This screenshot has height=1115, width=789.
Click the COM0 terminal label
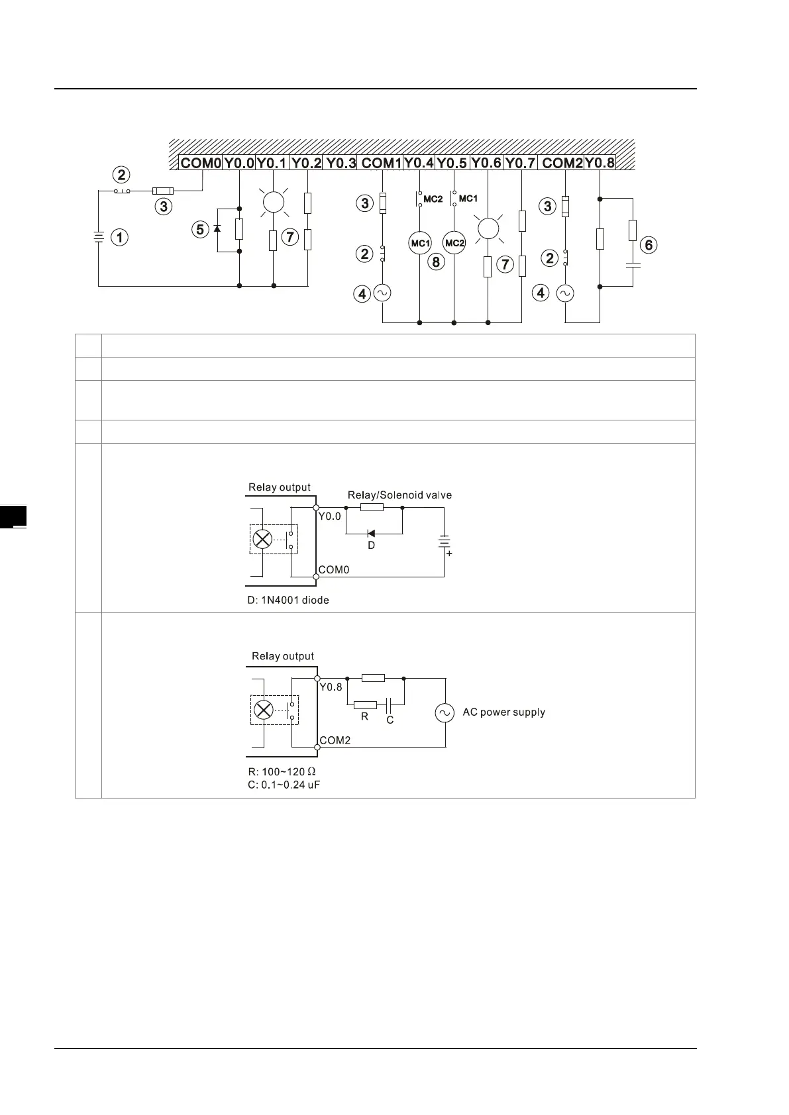(201, 163)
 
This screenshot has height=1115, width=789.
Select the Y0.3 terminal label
(341, 163)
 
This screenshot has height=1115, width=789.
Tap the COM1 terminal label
(382, 163)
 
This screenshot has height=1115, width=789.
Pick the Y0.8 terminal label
(600, 163)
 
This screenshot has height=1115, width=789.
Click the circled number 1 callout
(119, 237)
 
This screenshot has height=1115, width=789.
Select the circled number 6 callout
(649, 245)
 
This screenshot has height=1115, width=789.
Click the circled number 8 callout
(436, 262)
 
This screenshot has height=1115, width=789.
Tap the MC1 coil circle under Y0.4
(420, 243)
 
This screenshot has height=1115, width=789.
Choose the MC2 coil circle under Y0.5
(454, 243)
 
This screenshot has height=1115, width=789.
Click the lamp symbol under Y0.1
(274, 202)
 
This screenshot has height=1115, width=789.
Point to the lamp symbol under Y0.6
(488, 228)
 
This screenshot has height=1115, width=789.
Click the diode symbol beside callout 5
(217, 229)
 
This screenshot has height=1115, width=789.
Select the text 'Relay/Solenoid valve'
(399, 495)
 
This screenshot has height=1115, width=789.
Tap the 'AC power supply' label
(503, 712)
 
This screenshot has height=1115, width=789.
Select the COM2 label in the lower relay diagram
(335, 740)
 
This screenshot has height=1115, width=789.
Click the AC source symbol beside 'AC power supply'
(445, 712)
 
